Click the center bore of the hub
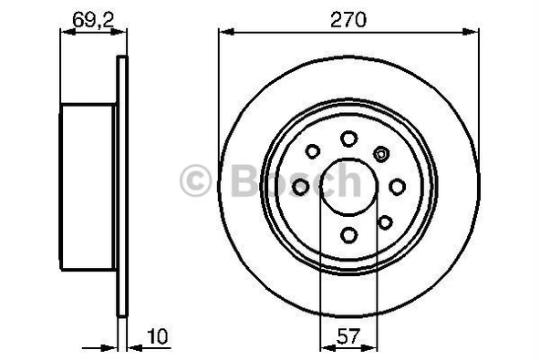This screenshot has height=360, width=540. tap(348, 186)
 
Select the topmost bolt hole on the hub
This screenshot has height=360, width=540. tap(348, 138)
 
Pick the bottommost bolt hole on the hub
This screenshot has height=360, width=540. tap(348, 235)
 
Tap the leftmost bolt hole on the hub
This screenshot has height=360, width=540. tap(299, 186)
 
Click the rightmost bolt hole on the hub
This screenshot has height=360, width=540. tap(398, 186)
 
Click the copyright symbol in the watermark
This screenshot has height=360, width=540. tap(198, 181)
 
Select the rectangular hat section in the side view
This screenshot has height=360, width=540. tap(88, 186)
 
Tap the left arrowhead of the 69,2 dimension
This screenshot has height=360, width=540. tap(65, 33)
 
